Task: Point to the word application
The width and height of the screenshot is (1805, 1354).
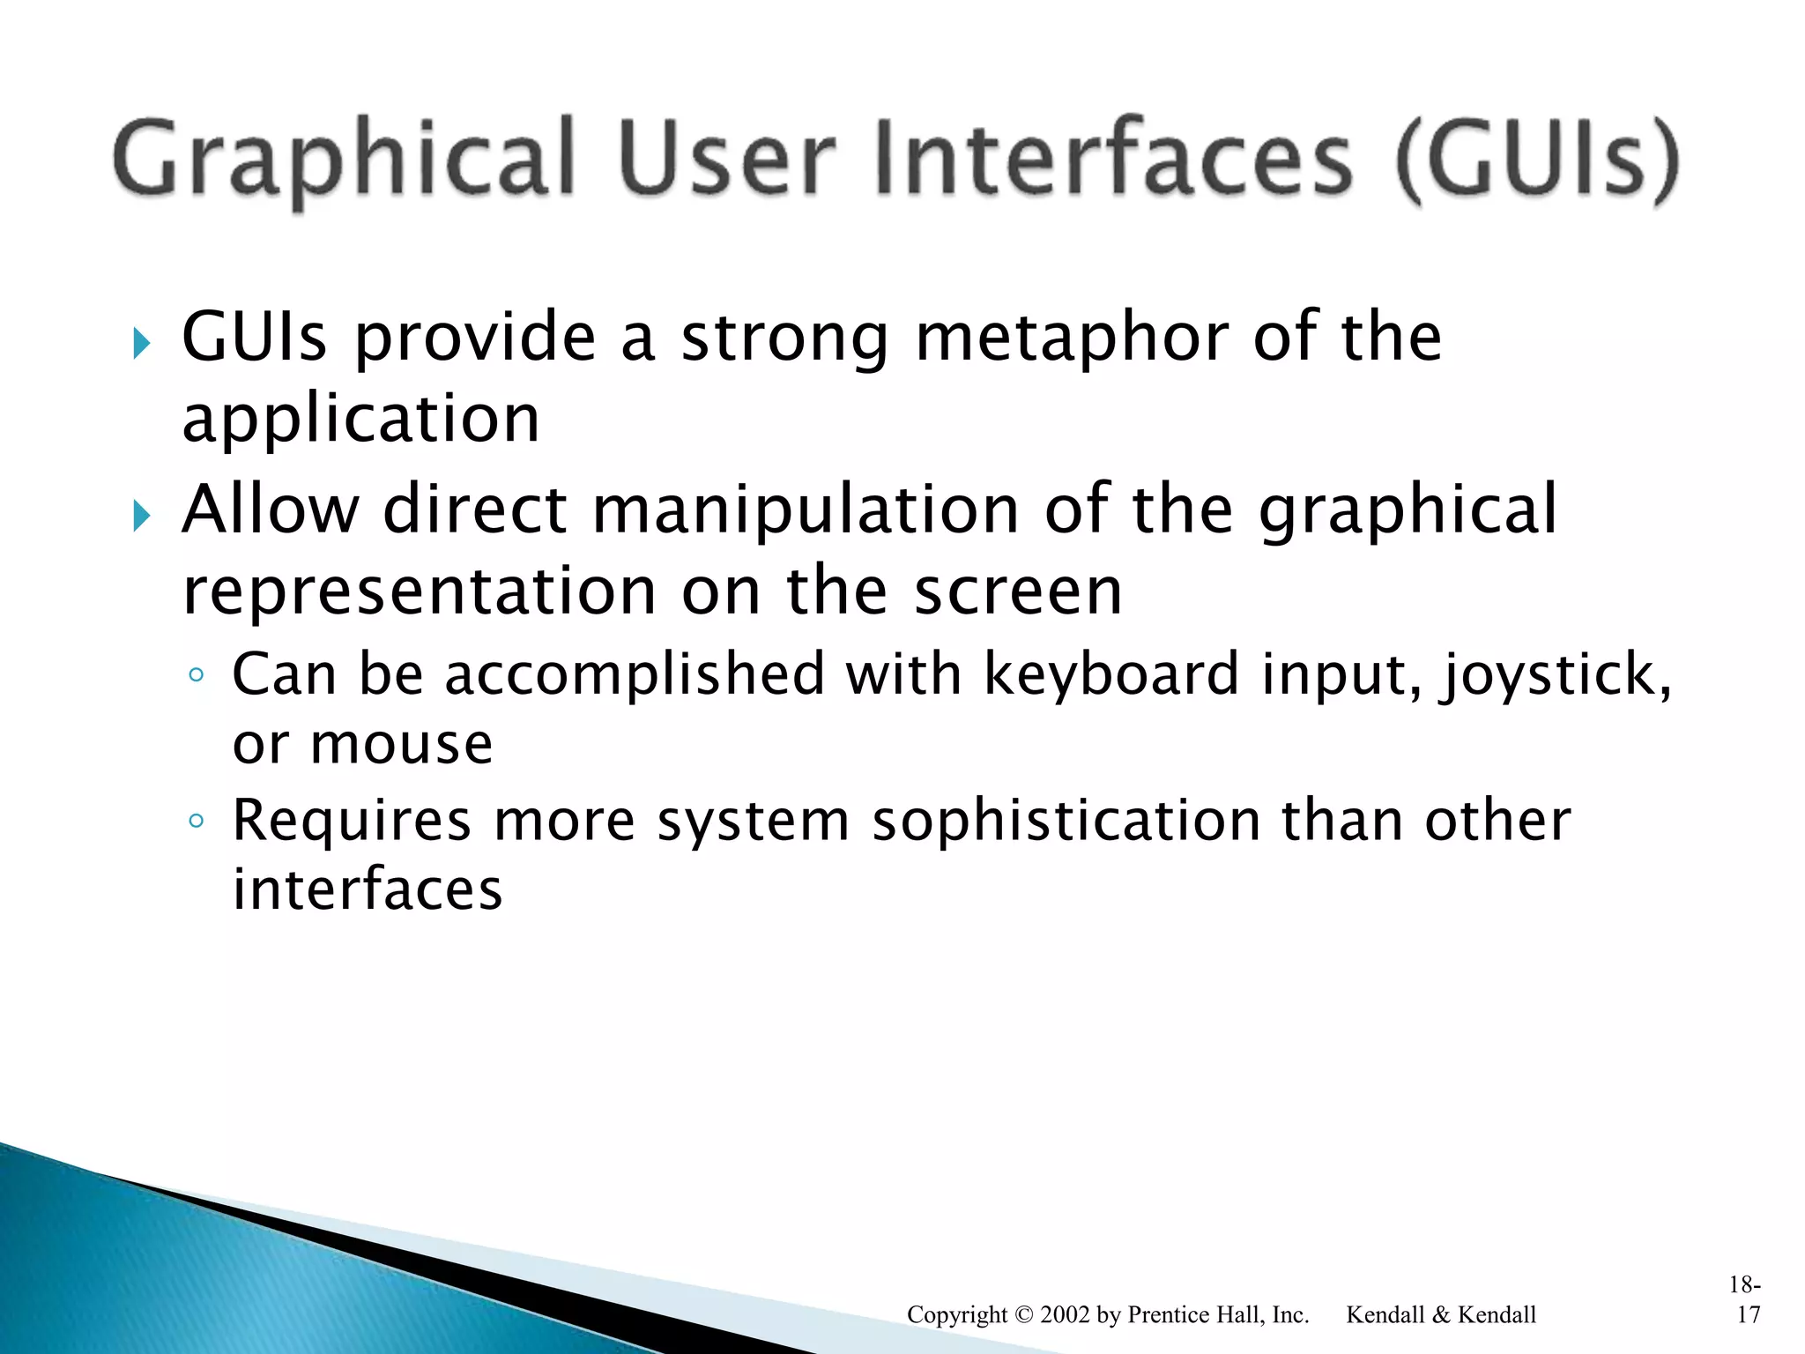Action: (360, 419)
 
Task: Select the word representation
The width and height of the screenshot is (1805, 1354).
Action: (419, 591)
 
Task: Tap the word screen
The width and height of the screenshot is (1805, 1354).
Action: (1018, 591)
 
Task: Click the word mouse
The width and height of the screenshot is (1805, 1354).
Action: (401, 745)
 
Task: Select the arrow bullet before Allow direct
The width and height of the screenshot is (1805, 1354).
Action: (141, 515)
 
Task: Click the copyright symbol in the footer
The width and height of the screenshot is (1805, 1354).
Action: (1023, 1315)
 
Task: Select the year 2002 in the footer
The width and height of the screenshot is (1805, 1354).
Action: (1066, 1315)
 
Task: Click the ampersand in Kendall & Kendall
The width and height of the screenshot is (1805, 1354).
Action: (1441, 1315)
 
